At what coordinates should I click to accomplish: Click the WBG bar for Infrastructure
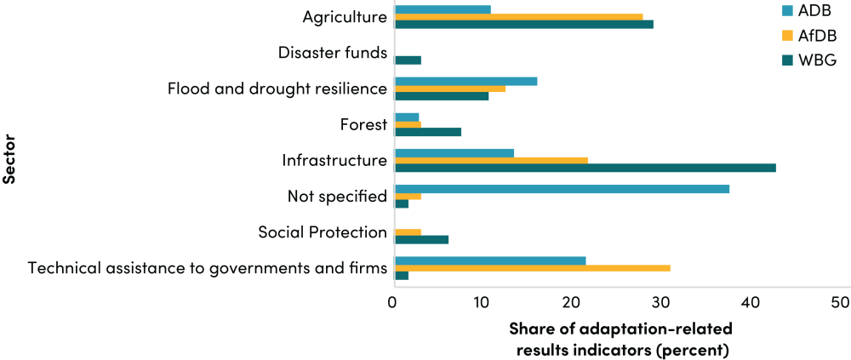click(x=585, y=168)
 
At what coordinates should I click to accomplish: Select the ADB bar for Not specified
click(x=563, y=189)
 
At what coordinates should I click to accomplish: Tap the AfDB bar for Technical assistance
click(x=533, y=268)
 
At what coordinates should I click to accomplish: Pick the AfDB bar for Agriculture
click(x=519, y=16)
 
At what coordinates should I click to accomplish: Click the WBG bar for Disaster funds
click(x=408, y=60)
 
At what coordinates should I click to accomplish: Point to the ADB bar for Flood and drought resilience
click(x=466, y=81)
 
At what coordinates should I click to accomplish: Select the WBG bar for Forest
click(x=428, y=132)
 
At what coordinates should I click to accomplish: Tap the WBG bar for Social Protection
click(x=422, y=239)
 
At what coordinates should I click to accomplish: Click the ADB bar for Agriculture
click(x=443, y=9)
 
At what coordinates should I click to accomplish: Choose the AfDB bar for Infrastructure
click(x=492, y=160)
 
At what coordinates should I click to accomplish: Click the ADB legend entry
click(x=808, y=10)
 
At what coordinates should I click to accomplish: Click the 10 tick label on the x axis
click(x=482, y=303)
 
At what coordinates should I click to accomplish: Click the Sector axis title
click(x=9, y=158)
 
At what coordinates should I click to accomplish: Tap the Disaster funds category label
click(x=333, y=53)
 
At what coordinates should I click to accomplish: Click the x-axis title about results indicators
click(x=620, y=339)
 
